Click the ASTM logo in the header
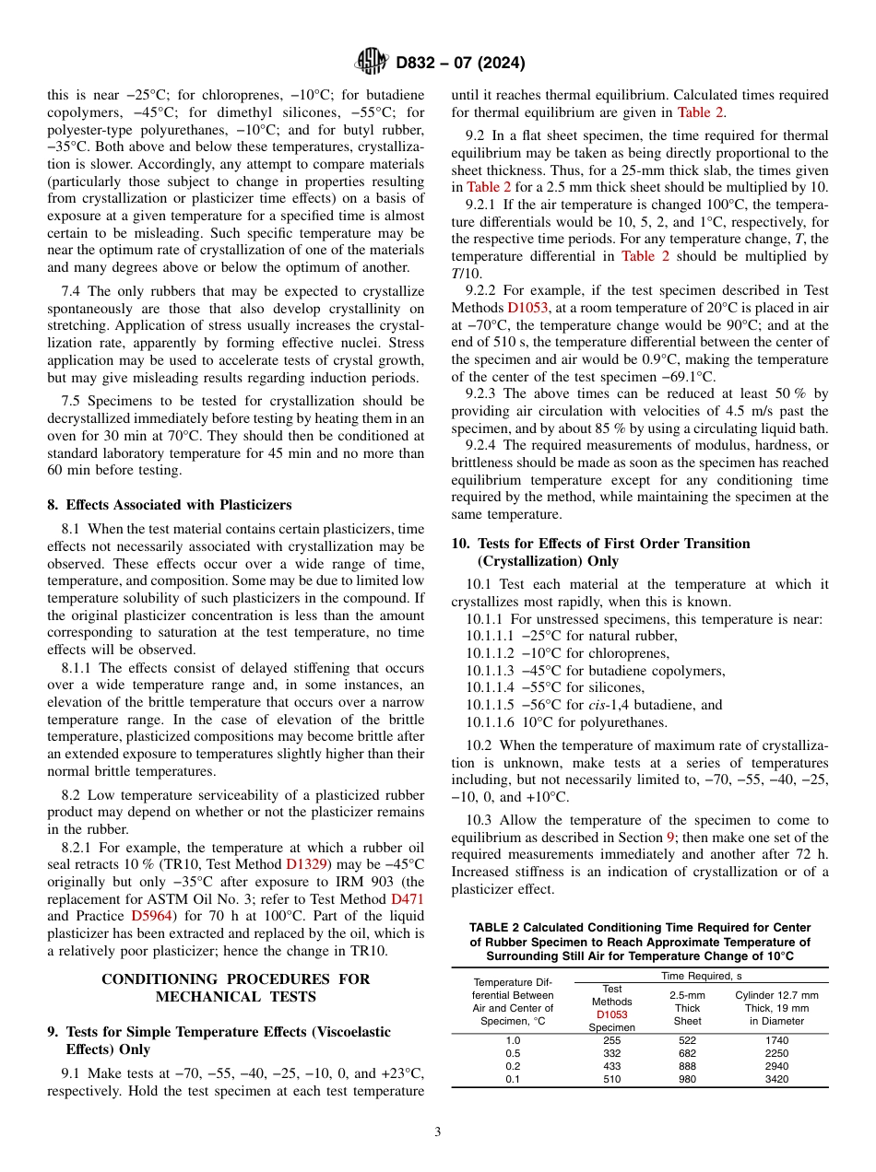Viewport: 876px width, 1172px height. click(x=372, y=63)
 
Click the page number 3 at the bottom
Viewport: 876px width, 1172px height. click(x=437, y=1131)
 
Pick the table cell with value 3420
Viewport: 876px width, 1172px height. click(x=776, y=1079)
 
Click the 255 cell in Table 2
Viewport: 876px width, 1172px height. click(x=611, y=1040)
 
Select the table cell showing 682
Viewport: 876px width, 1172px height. click(x=686, y=1053)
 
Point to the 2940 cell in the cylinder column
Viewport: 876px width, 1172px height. click(x=776, y=1066)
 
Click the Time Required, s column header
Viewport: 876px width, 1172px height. click(x=701, y=975)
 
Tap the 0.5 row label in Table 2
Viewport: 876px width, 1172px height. click(x=512, y=1053)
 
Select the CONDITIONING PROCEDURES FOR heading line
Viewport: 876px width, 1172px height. click(x=235, y=979)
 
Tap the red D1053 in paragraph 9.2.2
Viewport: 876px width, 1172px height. click(x=527, y=309)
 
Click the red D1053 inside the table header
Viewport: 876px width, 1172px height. click(x=611, y=1014)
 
